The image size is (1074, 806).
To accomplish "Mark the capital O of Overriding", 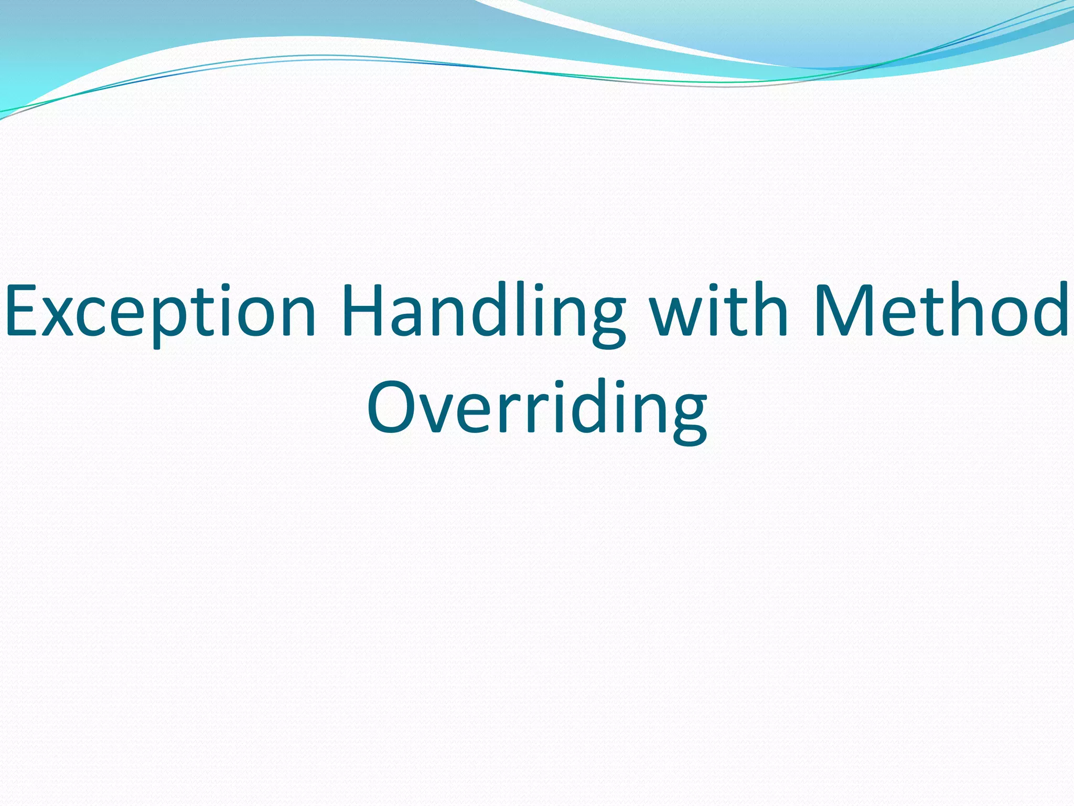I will [x=391, y=407].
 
